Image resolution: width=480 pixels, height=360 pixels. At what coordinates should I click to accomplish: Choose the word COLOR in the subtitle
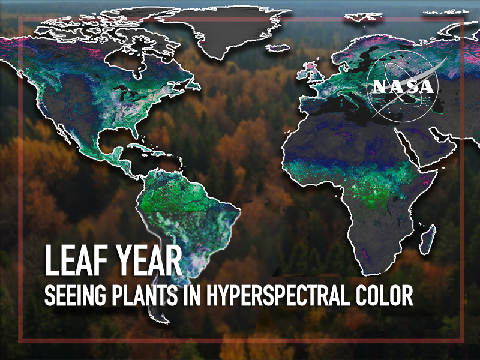[384, 295]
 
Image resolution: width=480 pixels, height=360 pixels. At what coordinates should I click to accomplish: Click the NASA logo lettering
[403, 86]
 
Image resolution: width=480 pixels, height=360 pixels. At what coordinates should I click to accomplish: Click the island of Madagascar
[428, 239]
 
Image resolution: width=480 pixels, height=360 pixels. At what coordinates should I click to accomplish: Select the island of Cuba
[142, 148]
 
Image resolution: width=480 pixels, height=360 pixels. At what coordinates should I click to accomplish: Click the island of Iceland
[277, 48]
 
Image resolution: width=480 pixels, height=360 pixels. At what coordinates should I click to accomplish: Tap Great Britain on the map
[316, 73]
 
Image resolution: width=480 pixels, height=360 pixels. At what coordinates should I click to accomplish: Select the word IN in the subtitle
[191, 295]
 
